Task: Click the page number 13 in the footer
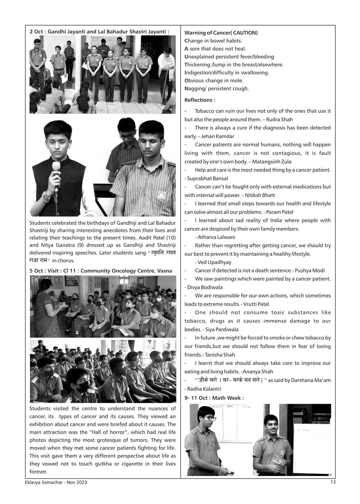333,482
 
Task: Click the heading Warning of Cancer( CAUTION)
221,33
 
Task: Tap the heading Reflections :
200,100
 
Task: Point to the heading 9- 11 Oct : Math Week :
214,398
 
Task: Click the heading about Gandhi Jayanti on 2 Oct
99,32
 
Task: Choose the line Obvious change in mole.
214,81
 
